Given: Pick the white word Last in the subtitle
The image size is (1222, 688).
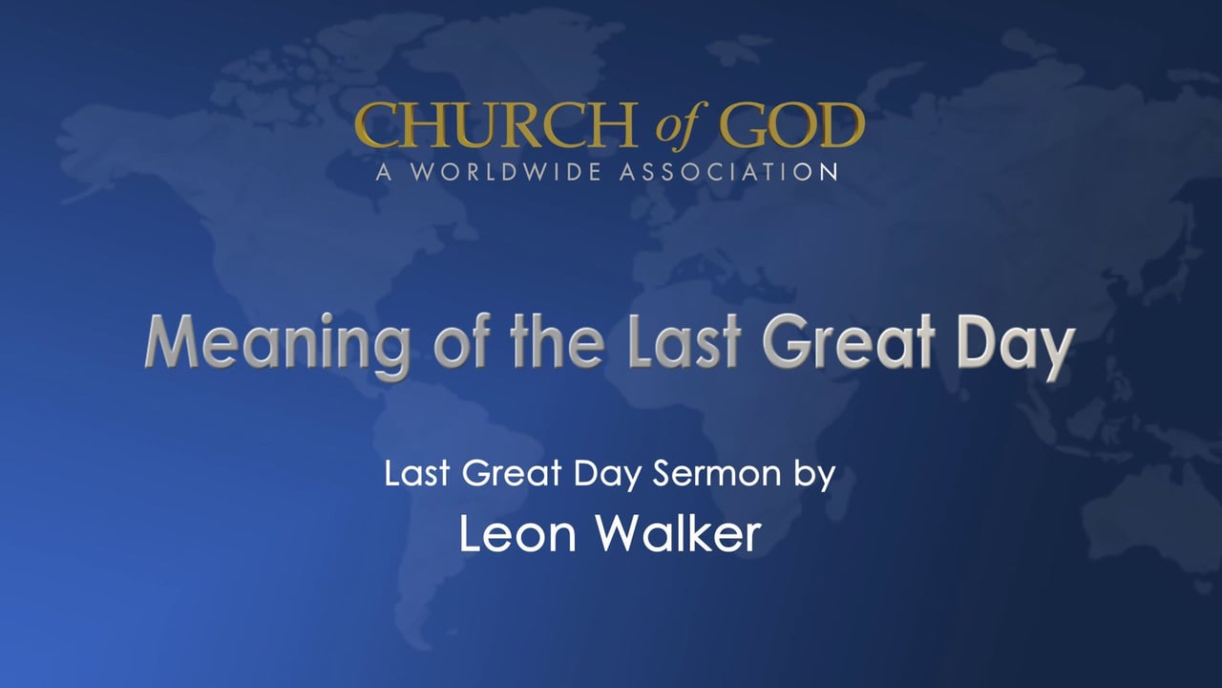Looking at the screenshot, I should [x=415, y=475].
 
